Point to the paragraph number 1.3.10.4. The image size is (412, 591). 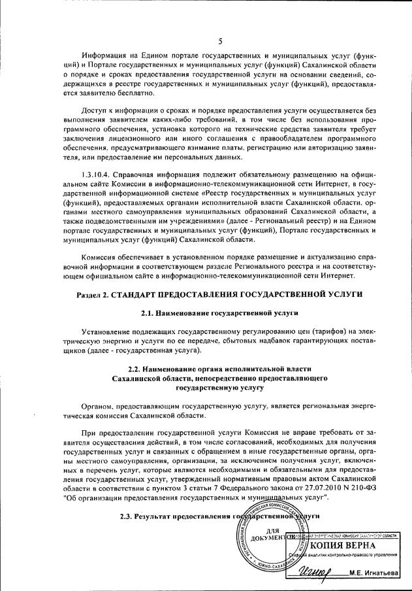pyautogui.click(x=90, y=175)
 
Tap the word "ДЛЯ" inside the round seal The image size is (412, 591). pyautogui.click(x=274, y=530)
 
